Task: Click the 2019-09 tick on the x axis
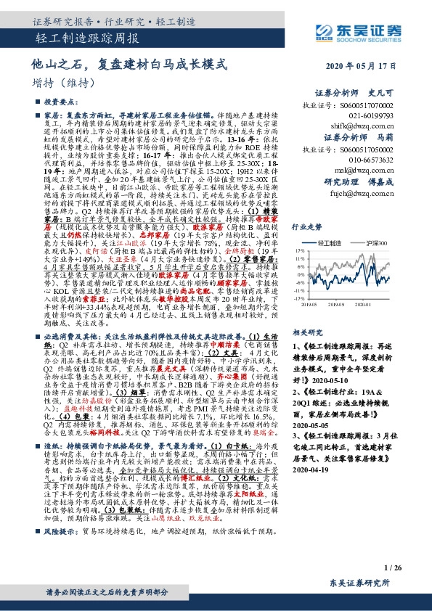[344, 305]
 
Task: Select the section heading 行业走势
[306, 226]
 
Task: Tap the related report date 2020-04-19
[312, 469]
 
